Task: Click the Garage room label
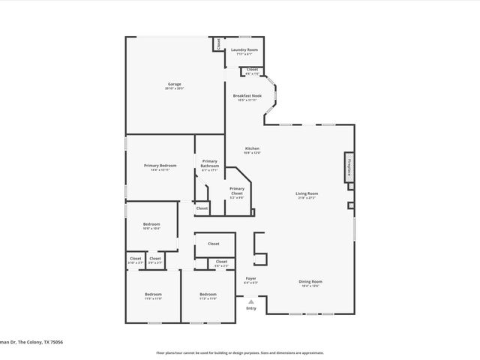pyautogui.click(x=174, y=84)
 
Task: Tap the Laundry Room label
pyautogui.click(x=244, y=50)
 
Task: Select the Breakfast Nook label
pyautogui.click(x=247, y=96)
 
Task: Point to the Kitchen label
pyautogui.click(x=252, y=148)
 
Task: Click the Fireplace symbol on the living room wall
pyautogui.click(x=349, y=166)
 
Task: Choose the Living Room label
pyautogui.click(x=306, y=193)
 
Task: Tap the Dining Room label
pyautogui.click(x=310, y=281)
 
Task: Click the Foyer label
pyautogui.click(x=251, y=278)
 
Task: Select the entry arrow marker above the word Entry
pyautogui.click(x=251, y=301)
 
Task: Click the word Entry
pyautogui.click(x=251, y=308)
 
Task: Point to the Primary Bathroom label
pyautogui.click(x=210, y=163)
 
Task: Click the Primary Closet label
pyautogui.click(x=237, y=190)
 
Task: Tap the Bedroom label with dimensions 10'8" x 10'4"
pyautogui.click(x=151, y=224)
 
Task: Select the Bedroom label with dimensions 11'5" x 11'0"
pyautogui.click(x=153, y=294)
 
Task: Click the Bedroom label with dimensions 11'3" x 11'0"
pyautogui.click(x=208, y=294)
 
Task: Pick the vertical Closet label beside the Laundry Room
pyautogui.click(x=218, y=43)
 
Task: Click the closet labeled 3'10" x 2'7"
pyautogui.click(x=136, y=259)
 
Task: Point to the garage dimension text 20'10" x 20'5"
pyautogui.click(x=174, y=88)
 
